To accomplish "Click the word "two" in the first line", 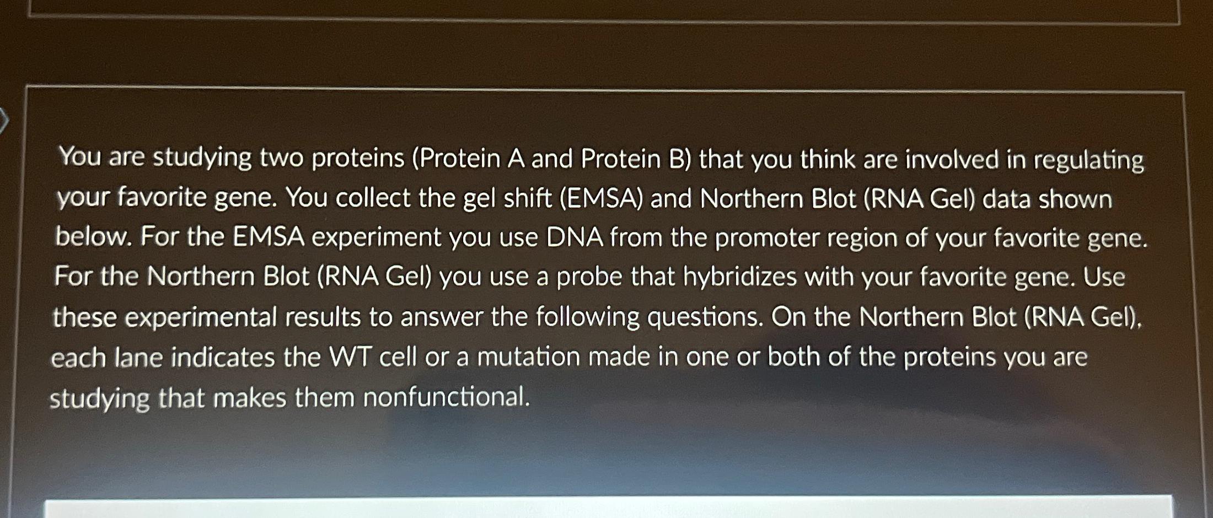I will coord(281,159).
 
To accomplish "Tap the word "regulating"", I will coord(1088,161).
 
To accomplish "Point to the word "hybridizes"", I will coord(739,277).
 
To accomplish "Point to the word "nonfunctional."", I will coord(446,397).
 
